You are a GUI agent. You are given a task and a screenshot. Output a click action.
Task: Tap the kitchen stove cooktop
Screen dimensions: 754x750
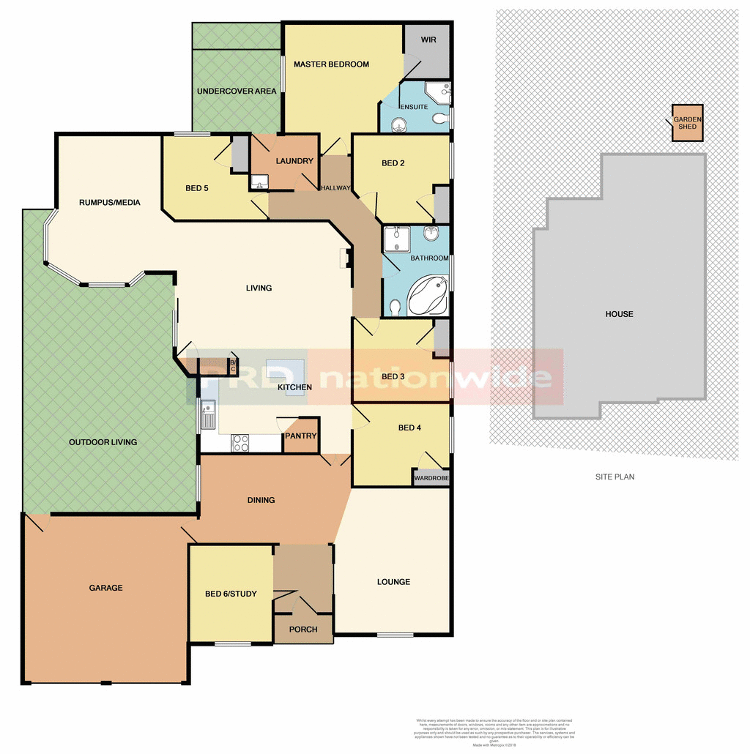pos(240,442)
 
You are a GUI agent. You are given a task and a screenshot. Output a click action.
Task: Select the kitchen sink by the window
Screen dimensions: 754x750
pos(208,414)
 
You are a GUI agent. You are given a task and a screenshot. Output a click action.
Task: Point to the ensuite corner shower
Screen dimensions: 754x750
pos(438,93)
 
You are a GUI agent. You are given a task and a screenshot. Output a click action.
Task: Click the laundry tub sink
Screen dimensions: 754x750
pos(259,182)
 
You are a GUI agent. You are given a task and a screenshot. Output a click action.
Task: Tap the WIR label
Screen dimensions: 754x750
pos(428,40)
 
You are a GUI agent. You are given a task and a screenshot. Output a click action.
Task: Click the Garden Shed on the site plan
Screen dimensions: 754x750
pos(688,122)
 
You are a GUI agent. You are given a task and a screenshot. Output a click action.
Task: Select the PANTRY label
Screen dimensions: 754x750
pos(302,436)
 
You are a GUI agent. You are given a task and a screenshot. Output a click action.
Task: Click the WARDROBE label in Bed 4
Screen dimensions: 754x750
pos(431,478)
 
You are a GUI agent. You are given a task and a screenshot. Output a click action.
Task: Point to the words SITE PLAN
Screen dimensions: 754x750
pos(615,477)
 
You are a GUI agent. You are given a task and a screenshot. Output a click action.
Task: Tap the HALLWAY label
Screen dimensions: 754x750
pos(335,188)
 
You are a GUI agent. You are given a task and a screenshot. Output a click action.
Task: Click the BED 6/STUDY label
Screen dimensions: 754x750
pos(231,594)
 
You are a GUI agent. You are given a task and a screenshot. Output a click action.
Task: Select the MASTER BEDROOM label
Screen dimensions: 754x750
pos(331,64)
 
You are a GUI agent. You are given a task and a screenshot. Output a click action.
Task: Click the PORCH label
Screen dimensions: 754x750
pos(303,630)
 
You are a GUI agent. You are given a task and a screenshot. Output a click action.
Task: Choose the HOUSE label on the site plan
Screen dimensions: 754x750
pos(619,314)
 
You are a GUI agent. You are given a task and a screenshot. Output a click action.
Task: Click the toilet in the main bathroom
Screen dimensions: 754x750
pos(396,307)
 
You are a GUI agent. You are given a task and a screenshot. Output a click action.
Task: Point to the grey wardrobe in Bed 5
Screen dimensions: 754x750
pos(240,154)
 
